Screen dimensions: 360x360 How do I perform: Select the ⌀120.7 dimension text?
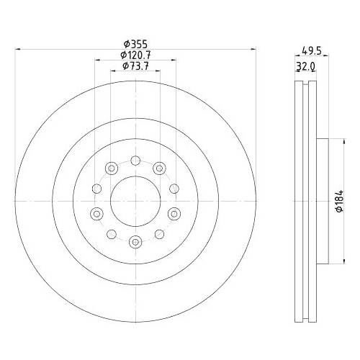[135, 55]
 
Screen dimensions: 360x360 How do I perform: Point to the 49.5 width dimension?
[310, 52]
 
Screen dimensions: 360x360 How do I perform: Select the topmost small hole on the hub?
[135, 160]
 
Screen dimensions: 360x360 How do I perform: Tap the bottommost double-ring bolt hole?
[135, 242]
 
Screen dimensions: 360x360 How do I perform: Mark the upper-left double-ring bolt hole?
[111, 168]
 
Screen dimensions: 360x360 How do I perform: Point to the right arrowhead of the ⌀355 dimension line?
[254, 50]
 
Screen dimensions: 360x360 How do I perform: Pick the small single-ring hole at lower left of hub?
[111, 234]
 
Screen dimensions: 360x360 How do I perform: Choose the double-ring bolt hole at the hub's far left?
[96, 213]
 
